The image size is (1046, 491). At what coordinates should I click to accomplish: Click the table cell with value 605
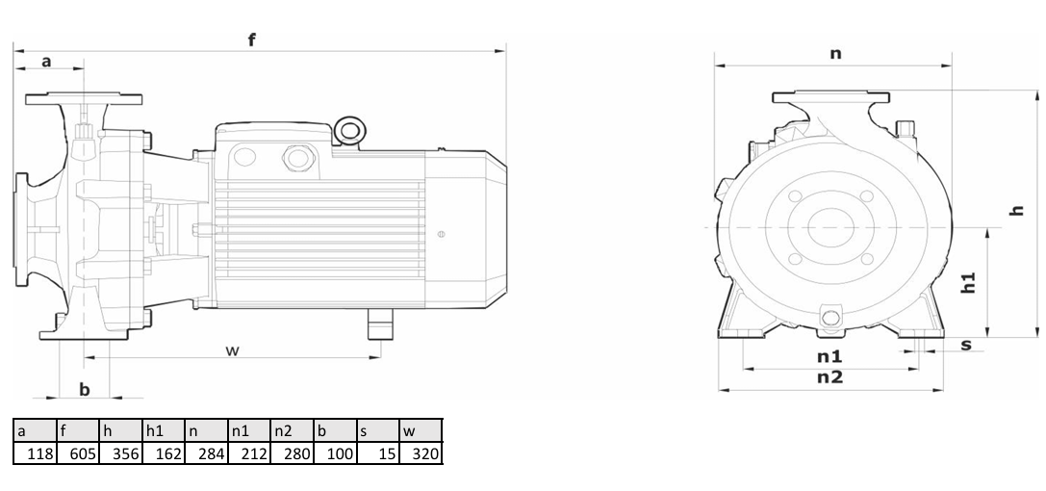coord(77,453)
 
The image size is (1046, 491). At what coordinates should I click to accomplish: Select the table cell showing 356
coord(120,453)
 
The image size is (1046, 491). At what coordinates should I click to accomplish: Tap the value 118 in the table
coord(35,453)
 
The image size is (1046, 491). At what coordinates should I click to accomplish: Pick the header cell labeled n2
coord(292,431)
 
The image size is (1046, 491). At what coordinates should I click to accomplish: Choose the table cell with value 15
coord(377,453)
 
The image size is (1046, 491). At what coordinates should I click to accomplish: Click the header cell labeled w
coord(421,431)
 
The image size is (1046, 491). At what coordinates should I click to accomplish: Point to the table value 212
coord(249,453)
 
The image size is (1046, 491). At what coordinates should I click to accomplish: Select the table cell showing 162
coord(164,453)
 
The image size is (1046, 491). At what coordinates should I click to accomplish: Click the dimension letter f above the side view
coord(252,39)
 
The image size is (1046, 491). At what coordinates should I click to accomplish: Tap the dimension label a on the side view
coord(46,62)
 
